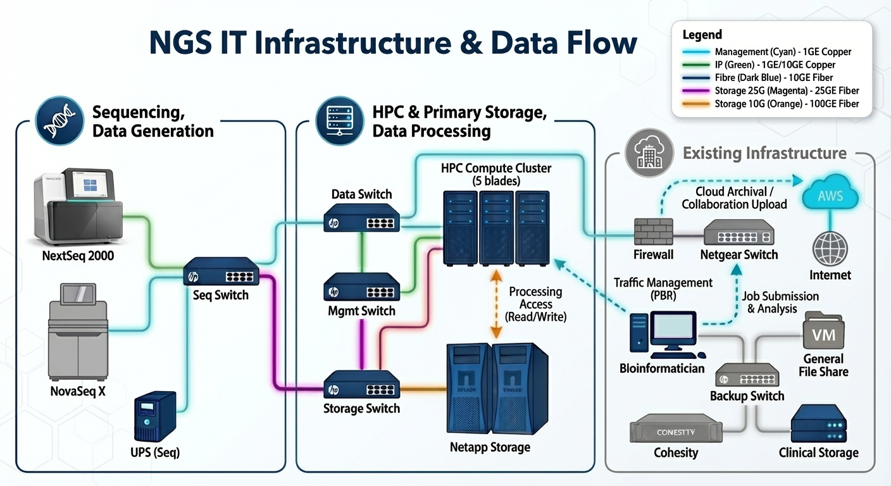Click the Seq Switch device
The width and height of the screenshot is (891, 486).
tap(222, 273)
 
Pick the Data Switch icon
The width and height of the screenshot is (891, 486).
tap(361, 218)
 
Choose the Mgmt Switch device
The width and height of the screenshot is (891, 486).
tap(361, 287)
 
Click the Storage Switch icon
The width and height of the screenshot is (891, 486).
tap(361, 385)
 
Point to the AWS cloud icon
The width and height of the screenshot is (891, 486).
tap(830, 194)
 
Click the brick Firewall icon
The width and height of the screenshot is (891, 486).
tap(653, 232)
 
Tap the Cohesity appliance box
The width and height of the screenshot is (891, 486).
tap(676, 432)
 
